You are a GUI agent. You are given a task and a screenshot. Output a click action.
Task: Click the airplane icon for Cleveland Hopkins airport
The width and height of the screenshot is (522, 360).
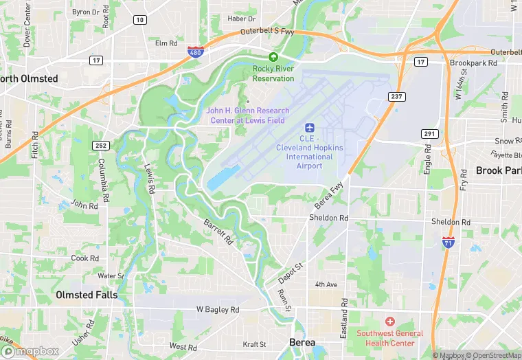[309, 128]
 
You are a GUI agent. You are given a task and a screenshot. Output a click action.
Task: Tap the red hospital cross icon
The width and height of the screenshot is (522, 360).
[389, 322]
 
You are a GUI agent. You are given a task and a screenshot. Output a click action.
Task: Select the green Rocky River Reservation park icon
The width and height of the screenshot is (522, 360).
[273, 57]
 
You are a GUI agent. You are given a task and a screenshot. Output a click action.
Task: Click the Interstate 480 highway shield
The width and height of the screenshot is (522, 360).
[196, 51]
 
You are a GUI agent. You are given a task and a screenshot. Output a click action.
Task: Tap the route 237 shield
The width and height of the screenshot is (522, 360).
[396, 96]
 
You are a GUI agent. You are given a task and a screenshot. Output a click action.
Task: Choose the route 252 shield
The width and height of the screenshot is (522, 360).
[102, 145]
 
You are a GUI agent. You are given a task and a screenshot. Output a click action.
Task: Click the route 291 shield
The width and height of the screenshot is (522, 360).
[429, 135]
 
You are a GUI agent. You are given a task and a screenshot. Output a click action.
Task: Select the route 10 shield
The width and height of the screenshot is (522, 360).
[140, 20]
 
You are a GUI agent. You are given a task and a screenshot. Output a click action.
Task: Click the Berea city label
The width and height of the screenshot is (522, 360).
[302, 342]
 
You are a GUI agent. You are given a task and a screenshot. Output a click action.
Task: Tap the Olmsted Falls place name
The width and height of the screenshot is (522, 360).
[87, 295]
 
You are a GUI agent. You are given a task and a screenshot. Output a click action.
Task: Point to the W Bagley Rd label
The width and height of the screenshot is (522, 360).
[218, 310]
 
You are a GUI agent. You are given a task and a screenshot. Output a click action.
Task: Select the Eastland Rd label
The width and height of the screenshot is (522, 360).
[344, 313]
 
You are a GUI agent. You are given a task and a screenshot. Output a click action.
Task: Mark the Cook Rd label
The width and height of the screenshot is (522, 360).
[85, 258]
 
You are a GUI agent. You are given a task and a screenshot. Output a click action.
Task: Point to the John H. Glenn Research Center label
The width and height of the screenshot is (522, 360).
[248, 115]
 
